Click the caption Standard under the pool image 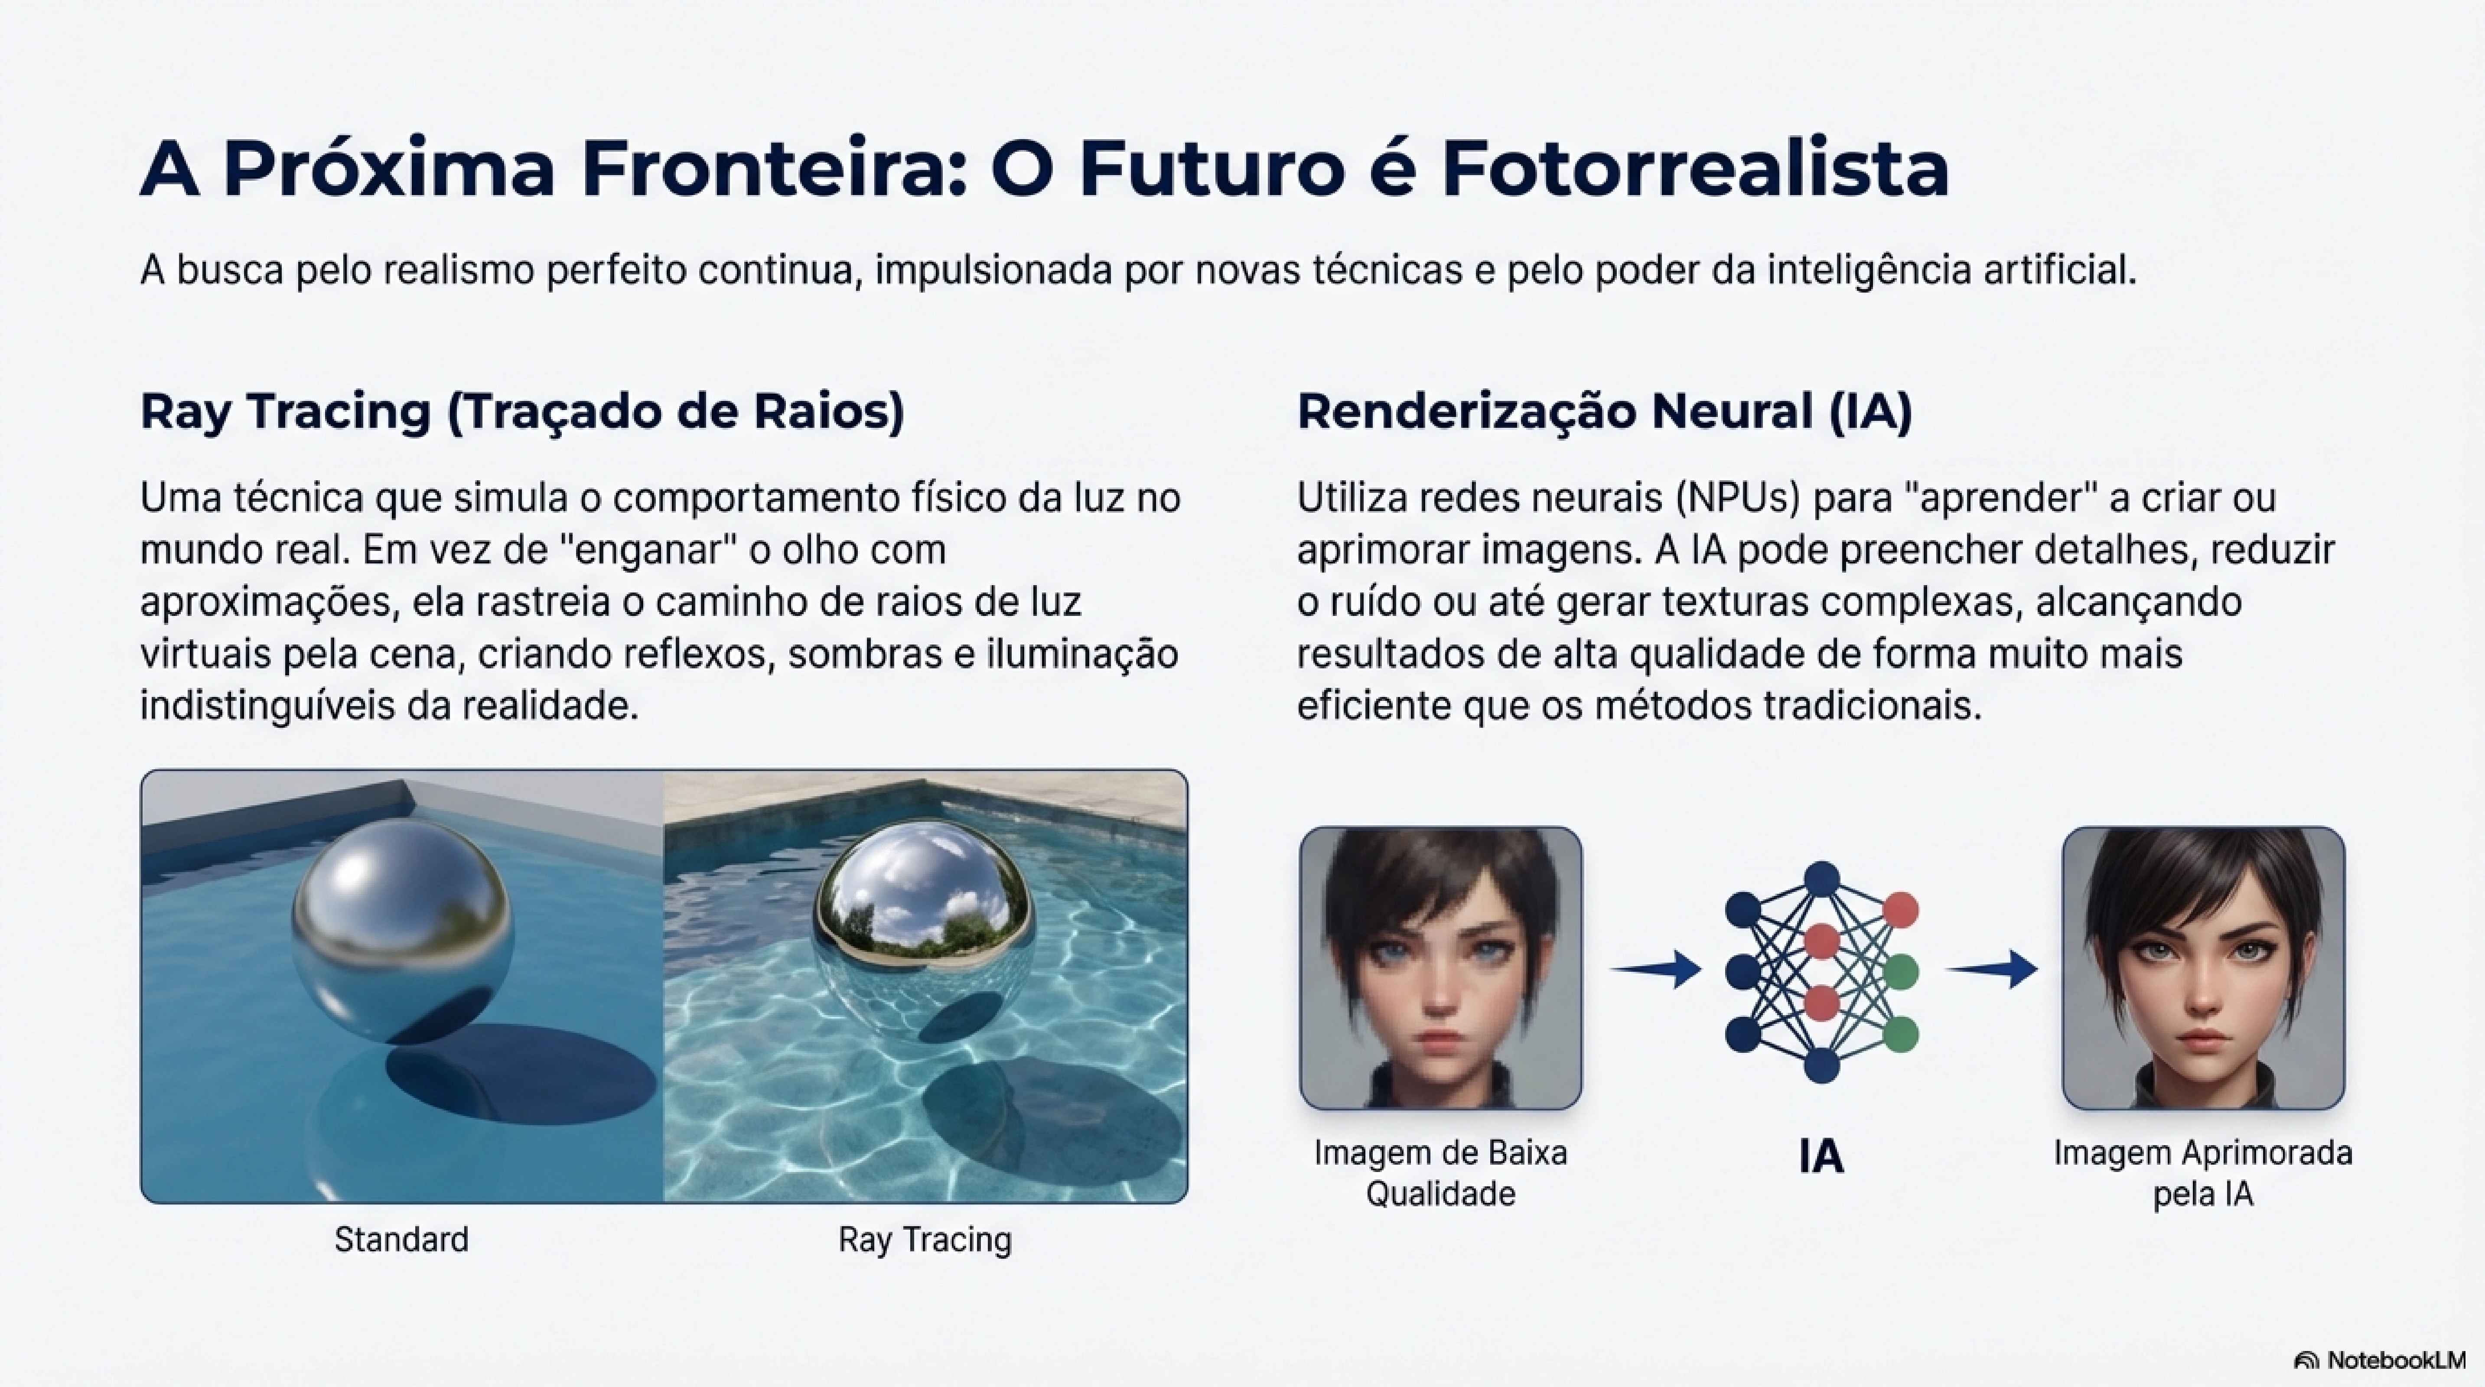click(x=401, y=1240)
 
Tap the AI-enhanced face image click(x=2203, y=967)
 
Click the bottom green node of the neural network click(x=1900, y=1034)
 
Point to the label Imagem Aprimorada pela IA click(x=2203, y=1173)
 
